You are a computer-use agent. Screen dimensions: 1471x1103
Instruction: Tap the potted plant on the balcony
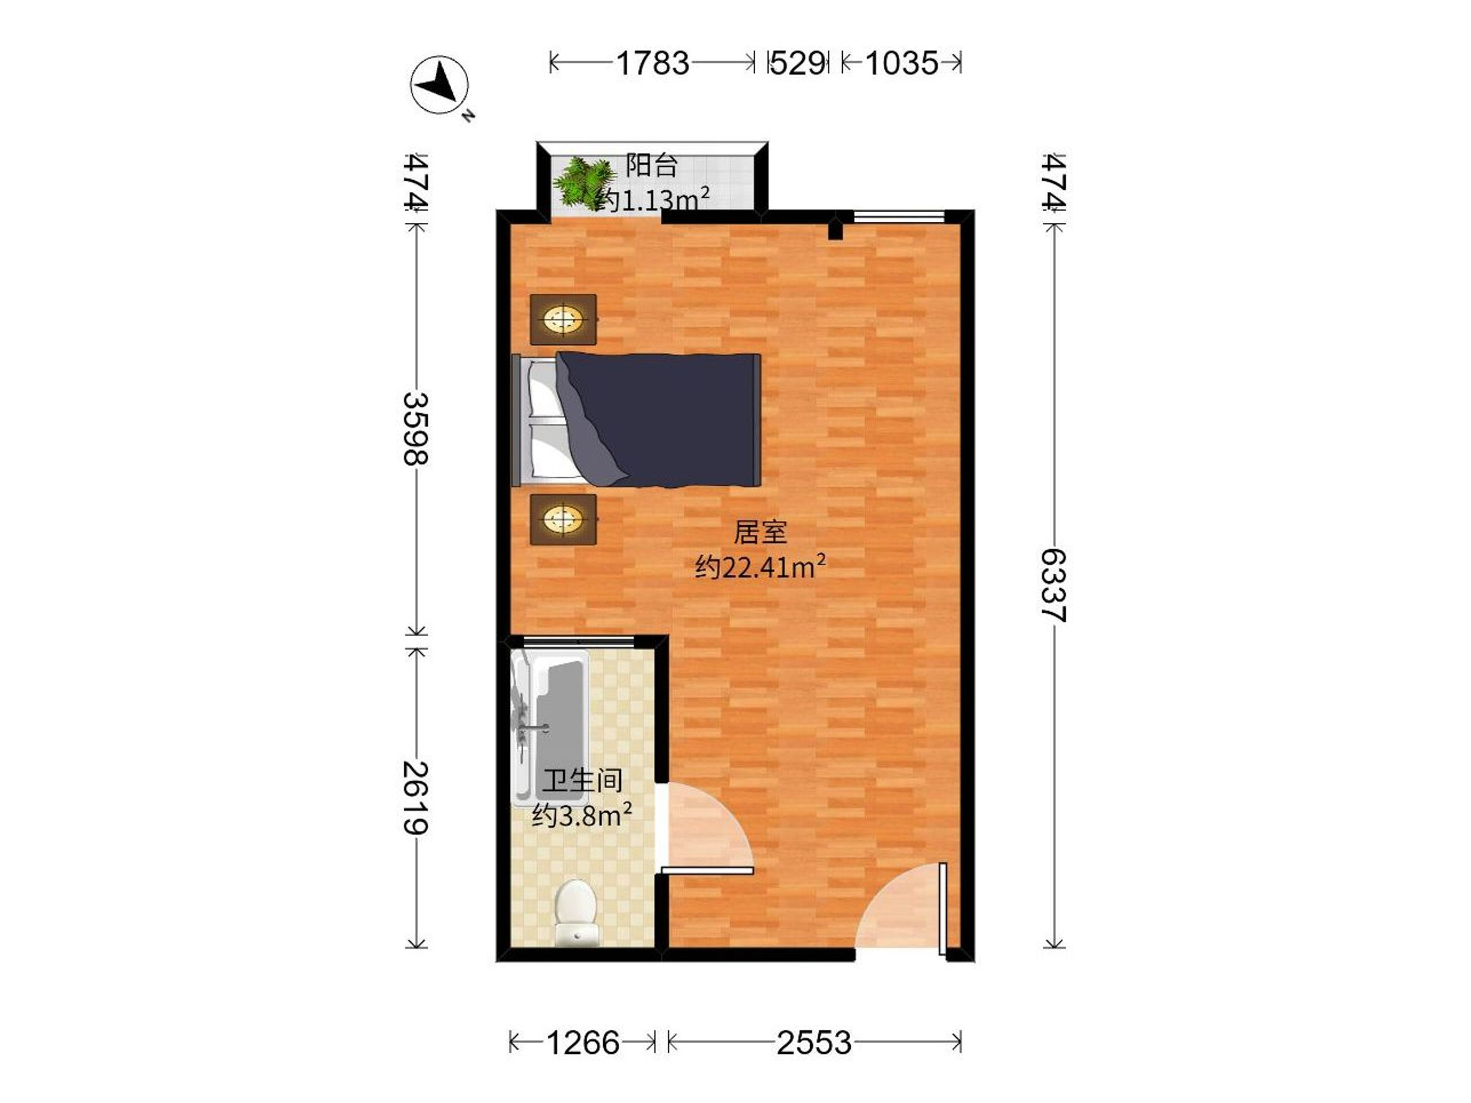[584, 183]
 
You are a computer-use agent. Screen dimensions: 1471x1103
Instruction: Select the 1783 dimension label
[652, 64]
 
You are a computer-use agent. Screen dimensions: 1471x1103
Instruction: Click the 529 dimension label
[797, 64]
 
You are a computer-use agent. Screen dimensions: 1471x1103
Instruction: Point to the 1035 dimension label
[901, 64]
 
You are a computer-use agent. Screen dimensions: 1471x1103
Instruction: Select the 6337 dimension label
[1054, 585]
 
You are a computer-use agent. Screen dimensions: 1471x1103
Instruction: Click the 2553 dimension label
[814, 1042]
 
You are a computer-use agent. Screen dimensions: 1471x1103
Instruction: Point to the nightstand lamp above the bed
[563, 319]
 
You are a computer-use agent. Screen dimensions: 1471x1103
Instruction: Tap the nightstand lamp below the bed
[563, 518]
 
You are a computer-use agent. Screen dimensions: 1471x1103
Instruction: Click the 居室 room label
[760, 532]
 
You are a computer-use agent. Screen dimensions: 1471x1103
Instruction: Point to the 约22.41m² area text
[761, 567]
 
